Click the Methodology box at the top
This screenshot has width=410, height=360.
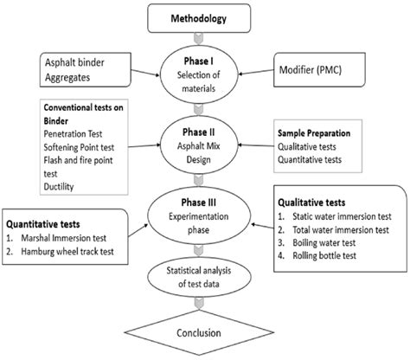204,16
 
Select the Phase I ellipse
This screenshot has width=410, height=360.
205,68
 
